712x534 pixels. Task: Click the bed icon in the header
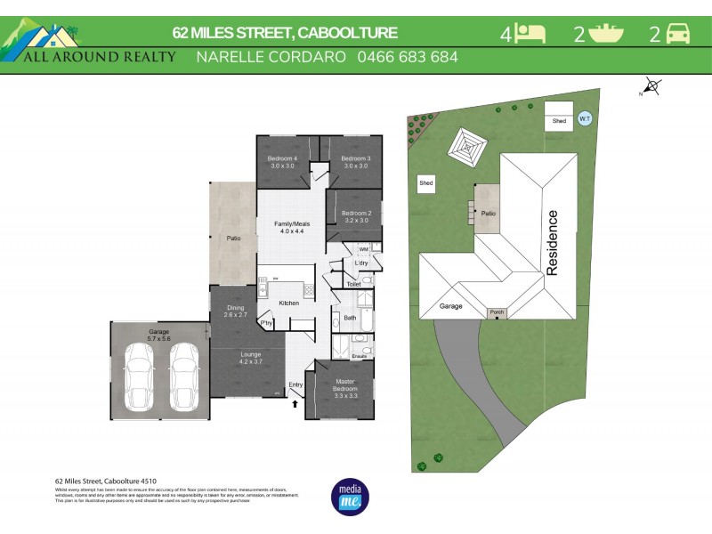(531, 34)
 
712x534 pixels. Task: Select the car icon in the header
(678, 34)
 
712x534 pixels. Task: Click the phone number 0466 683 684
(407, 57)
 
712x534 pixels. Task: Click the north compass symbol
(652, 86)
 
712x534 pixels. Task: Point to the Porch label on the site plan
(495, 313)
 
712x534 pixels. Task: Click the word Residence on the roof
(553, 243)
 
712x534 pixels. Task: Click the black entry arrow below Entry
(295, 405)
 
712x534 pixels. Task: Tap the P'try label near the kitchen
(265, 322)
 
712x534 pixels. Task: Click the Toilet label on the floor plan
(353, 284)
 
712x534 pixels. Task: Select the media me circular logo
(348, 497)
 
